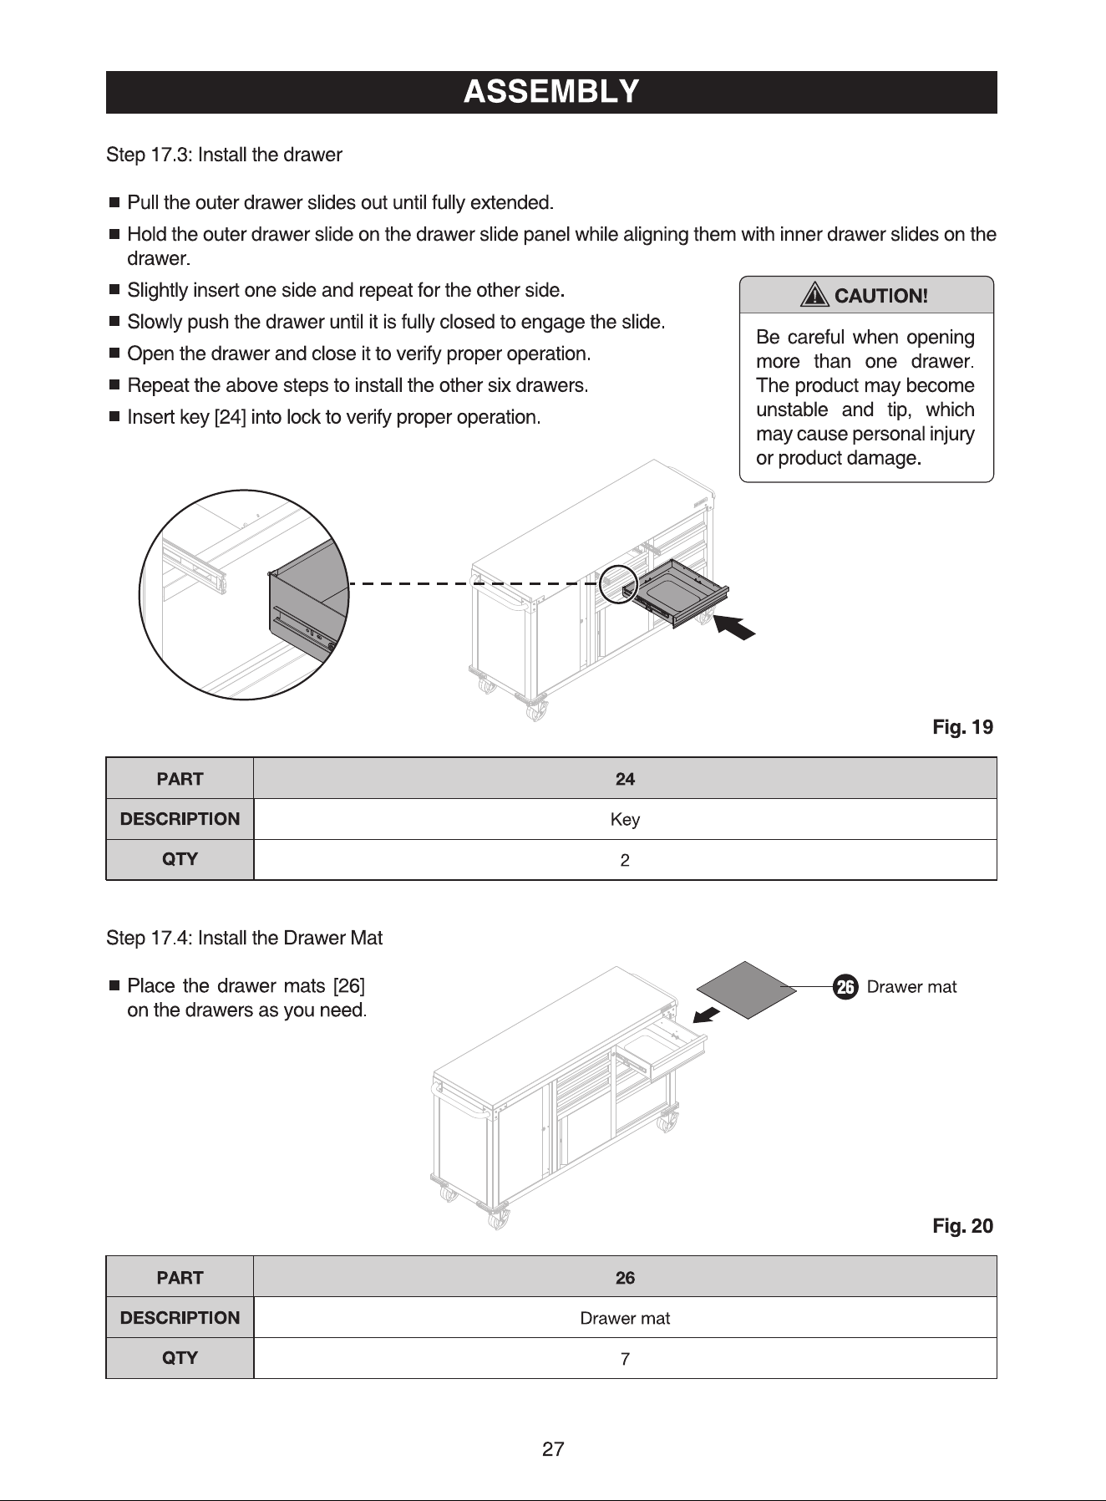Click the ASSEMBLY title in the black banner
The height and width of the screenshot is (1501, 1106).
coord(551,91)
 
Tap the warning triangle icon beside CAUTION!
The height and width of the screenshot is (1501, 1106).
coord(814,295)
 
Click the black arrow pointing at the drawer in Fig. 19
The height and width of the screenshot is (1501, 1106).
coord(736,627)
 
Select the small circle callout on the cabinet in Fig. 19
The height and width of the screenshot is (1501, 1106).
coord(619,583)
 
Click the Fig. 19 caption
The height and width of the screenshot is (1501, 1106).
coord(962,727)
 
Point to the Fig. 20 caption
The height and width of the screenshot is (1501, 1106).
coord(962,1226)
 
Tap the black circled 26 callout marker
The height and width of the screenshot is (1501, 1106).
coord(845,987)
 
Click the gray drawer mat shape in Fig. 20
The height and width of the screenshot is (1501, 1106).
coord(748,989)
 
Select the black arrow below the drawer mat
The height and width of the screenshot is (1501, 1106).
coord(708,1014)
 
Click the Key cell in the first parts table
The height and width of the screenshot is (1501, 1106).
coord(625,819)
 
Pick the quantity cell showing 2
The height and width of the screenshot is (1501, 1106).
coord(625,859)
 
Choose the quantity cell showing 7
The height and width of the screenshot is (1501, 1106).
coord(625,1358)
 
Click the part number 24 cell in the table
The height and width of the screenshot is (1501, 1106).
coord(625,779)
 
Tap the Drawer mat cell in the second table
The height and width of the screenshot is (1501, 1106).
coord(625,1318)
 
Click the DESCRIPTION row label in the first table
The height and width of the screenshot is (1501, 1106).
coord(180,819)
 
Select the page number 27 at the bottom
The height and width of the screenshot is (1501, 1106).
coord(553,1449)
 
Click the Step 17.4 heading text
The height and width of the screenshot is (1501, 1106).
coord(245,938)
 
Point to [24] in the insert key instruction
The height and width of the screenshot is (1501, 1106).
coord(231,417)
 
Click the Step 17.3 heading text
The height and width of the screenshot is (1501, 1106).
coord(225,155)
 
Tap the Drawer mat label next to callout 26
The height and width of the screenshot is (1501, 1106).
coord(912,987)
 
